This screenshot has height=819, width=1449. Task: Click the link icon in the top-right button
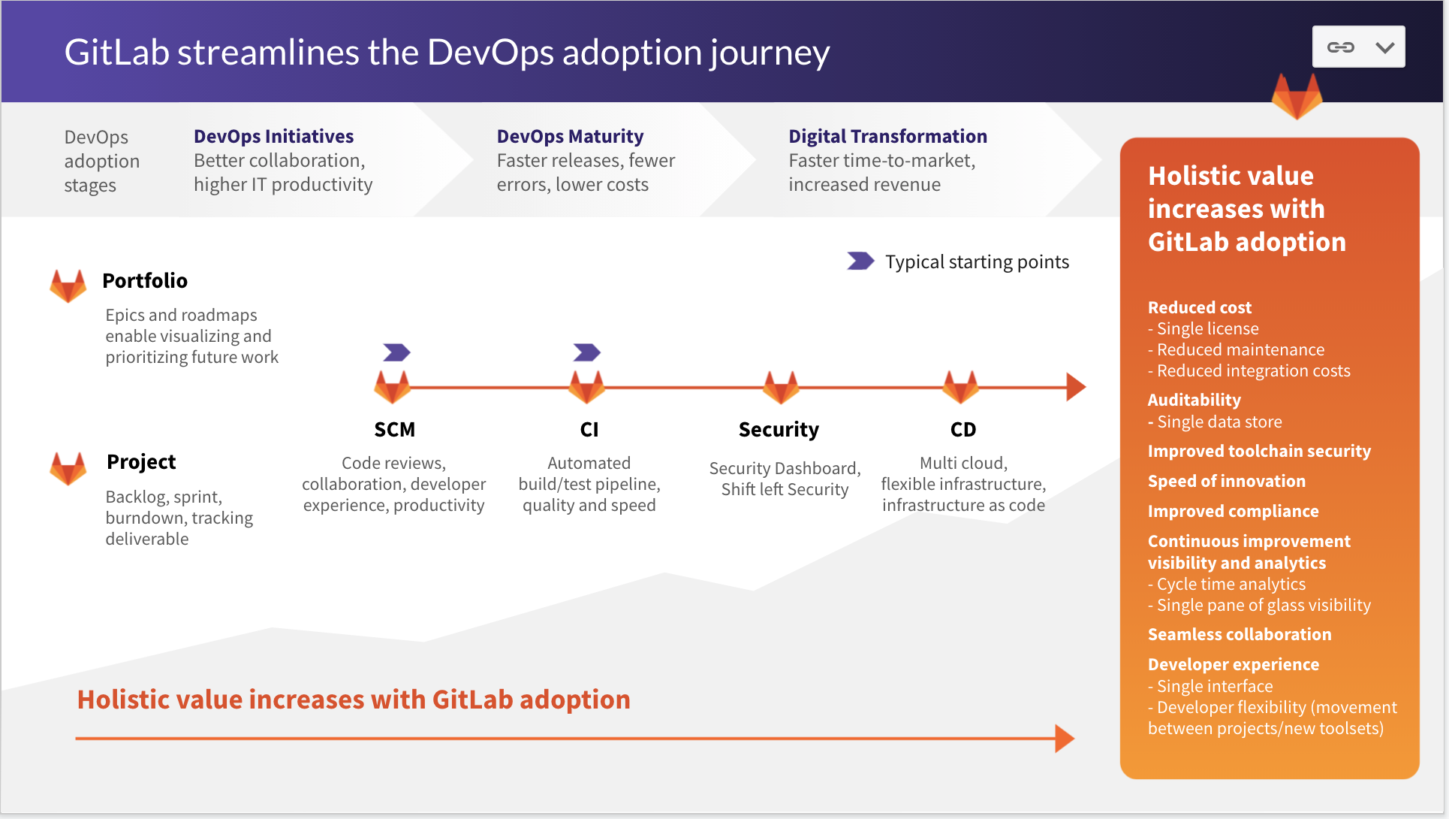click(x=1341, y=47)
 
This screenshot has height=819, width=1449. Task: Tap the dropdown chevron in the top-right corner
click(x=1385, y=47)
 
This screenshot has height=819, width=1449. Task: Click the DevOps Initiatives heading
click(x=273, y=136)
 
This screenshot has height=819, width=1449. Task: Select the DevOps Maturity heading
click(x=570, y=136)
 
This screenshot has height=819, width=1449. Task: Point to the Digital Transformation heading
click(x=887, y=136)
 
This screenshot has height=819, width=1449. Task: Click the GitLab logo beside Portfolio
click(x=68, y=286)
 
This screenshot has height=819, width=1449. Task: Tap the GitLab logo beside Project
click(x=68, y=467)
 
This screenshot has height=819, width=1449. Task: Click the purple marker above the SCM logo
click(x=396, y=352)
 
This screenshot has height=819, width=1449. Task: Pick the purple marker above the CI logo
click(x=586, y=352)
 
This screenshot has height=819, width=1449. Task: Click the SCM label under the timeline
click(x=394, y=429)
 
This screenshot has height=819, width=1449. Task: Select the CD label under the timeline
click(x=963, y=429)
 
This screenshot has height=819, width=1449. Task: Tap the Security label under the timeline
click(x=779, y=430)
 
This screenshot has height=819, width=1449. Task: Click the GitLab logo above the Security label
click(x=781, y=387)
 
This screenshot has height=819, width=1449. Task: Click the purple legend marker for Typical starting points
click(x=860, y=261)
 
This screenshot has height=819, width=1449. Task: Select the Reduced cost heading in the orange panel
click(x=1199, y=307)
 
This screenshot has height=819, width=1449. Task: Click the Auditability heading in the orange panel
click(x=1194, y=400)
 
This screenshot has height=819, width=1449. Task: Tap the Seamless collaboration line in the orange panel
click(x=1240, y=634)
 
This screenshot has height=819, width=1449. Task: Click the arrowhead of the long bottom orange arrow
click(x=1065, y=739)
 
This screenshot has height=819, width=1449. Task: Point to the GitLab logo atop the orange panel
click(x=1297, y=96)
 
